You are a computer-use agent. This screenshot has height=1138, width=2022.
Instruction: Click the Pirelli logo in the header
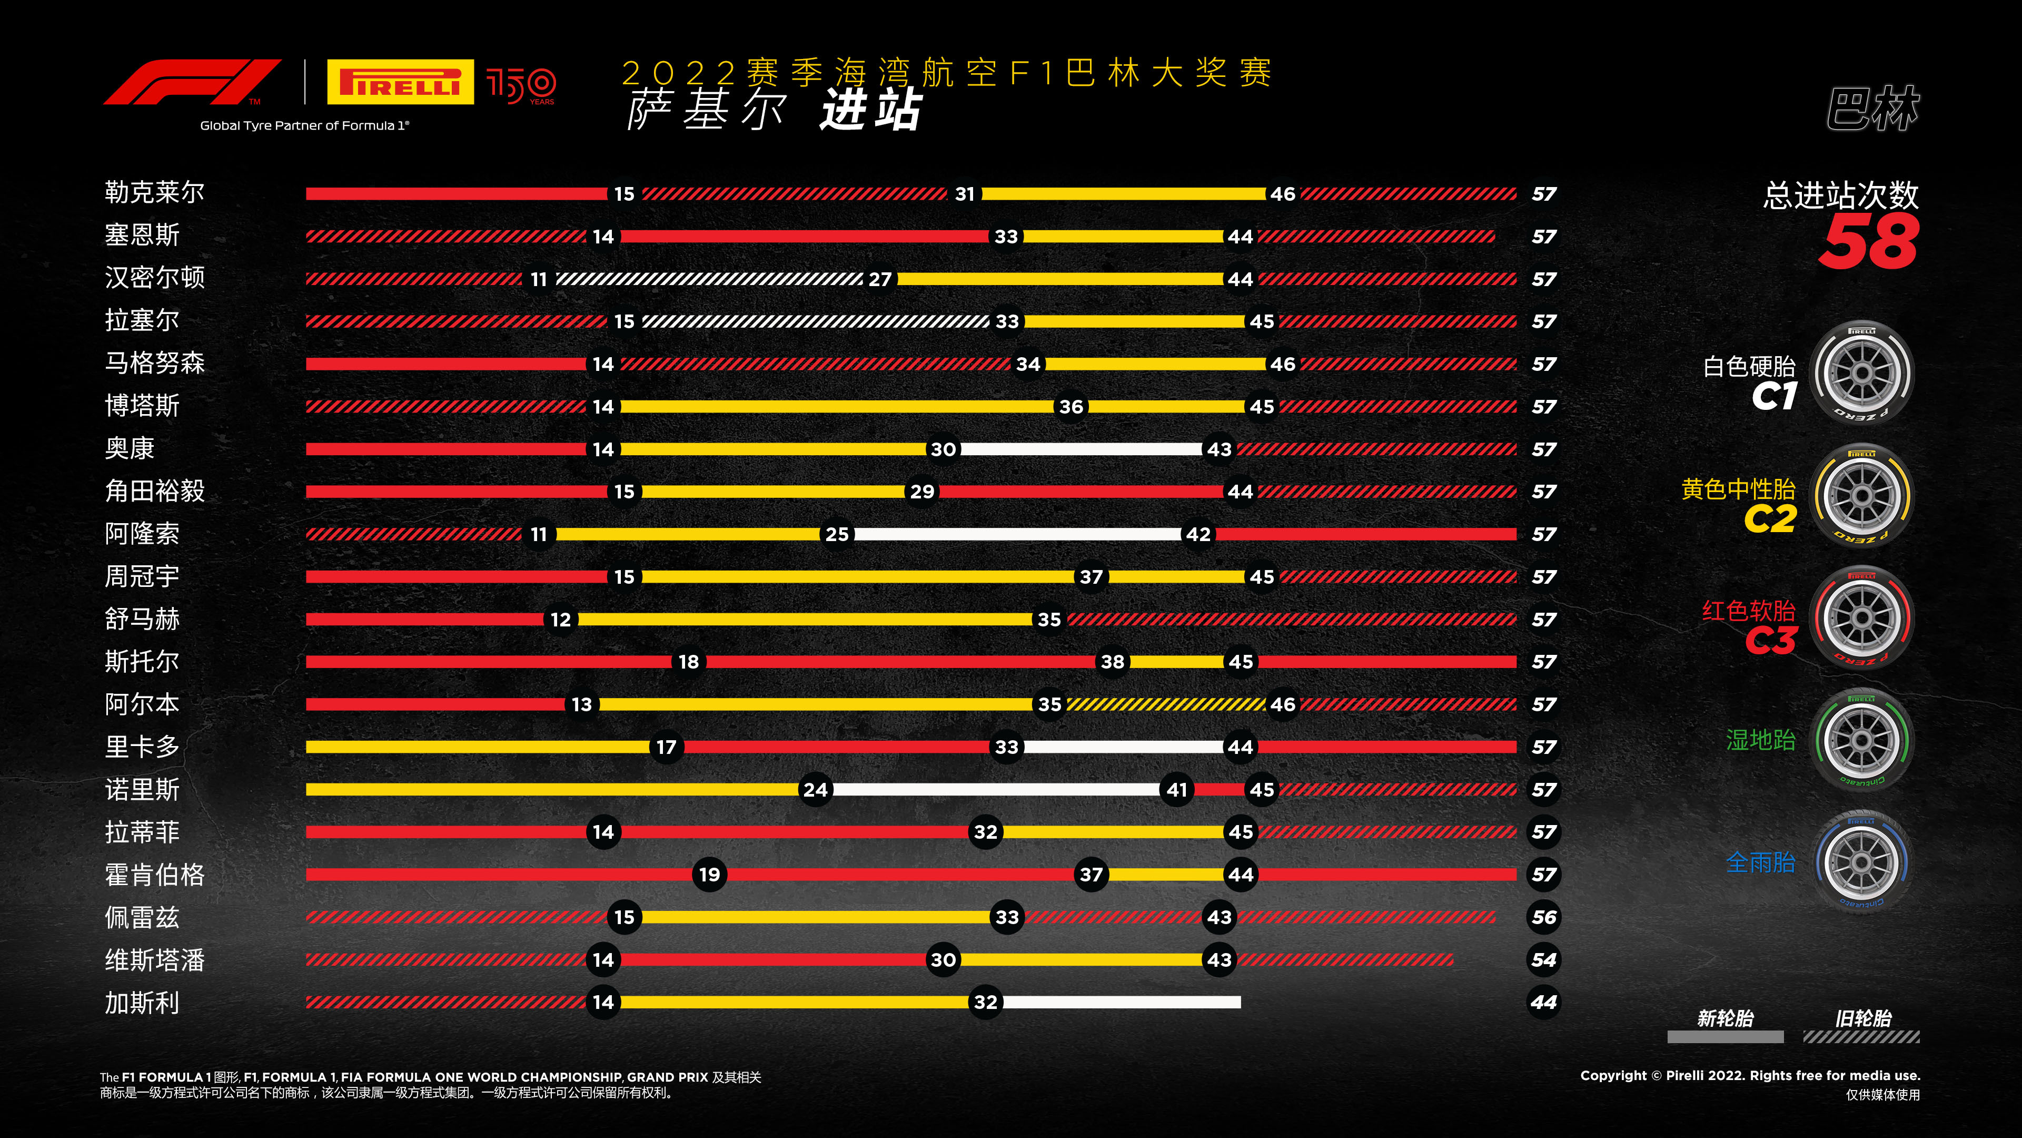[400, 82]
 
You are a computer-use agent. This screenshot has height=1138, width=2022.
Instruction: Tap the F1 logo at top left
[192, 82]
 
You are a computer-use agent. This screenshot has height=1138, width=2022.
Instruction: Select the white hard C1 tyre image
[1862, 373]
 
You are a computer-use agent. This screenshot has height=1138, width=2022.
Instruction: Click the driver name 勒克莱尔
[155, 192]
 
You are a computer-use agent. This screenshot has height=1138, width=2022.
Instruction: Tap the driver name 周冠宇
[142, 576]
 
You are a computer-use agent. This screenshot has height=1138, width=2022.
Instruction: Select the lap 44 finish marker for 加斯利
[1543, 1002]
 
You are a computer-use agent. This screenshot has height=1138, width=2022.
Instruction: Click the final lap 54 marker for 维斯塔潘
[1543, 960]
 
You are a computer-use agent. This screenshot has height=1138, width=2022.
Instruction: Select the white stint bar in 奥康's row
[1081, 449]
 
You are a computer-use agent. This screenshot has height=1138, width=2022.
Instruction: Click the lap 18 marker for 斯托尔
[688, 662]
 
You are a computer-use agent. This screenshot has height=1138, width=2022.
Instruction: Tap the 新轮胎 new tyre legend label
[1726, 1018]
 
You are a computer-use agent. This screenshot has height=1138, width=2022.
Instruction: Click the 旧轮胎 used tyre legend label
[1862, 1018]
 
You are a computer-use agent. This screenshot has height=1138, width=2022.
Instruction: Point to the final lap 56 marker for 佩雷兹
[1543, 917]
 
